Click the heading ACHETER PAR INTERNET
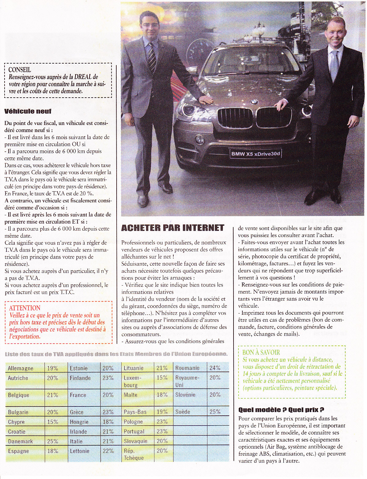click(x=173, y=228)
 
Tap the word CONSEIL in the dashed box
click(x=20, y=70)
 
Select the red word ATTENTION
click(x=25, y=308)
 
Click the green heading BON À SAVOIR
click(x=261, y=352)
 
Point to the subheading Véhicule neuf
click(x=28, y=111)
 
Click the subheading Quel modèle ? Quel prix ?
click(x=281, y=410)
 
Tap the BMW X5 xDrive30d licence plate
click(x=256, y=154)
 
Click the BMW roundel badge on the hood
click(x=253, y=102)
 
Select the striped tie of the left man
click(x=152, y=57)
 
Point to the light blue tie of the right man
click(x=334, y=65)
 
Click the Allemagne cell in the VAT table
click(x=21, y=368)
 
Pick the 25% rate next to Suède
click(x=215, y=412)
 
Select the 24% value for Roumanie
click(x=215, y=368)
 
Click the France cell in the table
click(x=78, y=395)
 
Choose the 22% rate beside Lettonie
click(x=108, y=451)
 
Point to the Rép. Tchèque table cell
click(x=133, y=454)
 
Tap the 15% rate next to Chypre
click(x=52, y=422)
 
